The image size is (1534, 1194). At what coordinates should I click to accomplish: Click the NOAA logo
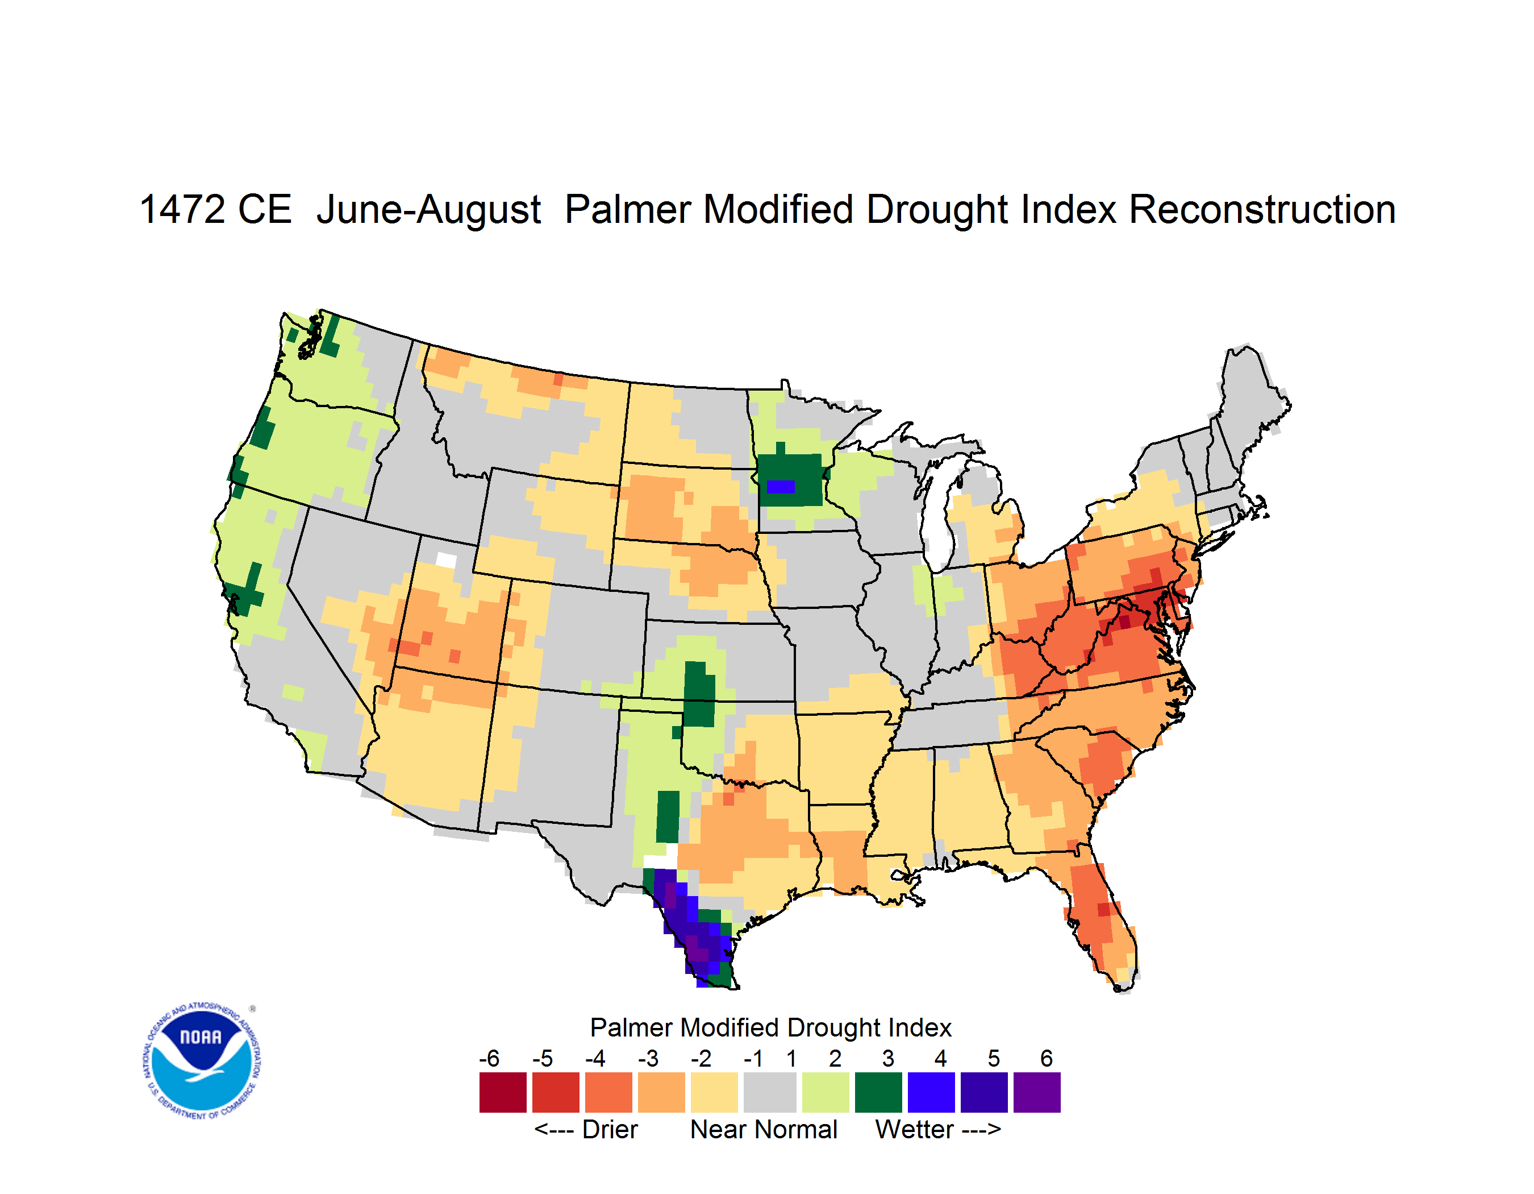pos(202,1061)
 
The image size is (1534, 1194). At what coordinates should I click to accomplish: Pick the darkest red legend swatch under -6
pos(503,1092)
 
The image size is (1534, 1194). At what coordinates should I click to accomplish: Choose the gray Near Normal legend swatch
pos(770,1092)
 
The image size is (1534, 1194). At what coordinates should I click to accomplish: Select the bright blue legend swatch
pos(931,1092)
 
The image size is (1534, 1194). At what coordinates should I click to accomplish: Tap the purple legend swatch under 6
pos(1037,1092)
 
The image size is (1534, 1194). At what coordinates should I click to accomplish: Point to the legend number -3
pos(648,1058)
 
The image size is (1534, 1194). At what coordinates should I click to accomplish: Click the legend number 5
pos(994,1058)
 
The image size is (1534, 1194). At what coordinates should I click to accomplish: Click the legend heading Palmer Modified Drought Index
pos(770,1027)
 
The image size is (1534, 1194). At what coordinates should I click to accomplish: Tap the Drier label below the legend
pos(610,1129)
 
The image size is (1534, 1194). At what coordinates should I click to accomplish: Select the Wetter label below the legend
pos(915,1129)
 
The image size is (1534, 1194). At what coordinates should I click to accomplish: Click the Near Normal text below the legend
pos(764,1129)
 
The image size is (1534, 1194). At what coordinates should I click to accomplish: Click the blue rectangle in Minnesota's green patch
pos(779,486)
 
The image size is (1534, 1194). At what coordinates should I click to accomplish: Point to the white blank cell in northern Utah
pos(446,560)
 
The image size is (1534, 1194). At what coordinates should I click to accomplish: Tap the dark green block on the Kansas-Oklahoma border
pos(699,694)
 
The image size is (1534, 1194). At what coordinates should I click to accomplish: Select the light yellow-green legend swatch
pos(826,1092)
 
